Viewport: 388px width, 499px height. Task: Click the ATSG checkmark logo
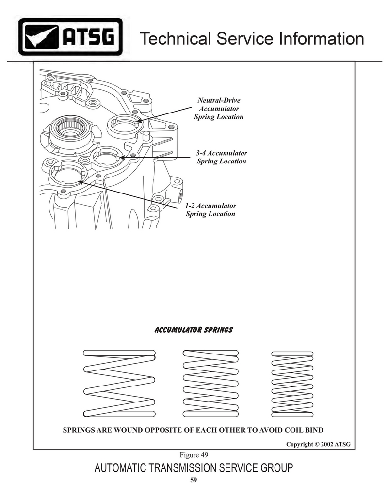(x=70, y=37)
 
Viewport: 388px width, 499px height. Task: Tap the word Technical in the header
(x=176, y=38)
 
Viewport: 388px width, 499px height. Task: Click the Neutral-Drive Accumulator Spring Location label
(x=219, y=109)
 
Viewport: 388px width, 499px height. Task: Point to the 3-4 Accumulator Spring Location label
(x=222, y=157)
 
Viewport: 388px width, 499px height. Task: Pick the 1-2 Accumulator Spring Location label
(x=210, y=209)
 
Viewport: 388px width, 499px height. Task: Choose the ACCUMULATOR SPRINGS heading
(x=194, y=330)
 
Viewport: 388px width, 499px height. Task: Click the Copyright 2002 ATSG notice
(x=318, y=444)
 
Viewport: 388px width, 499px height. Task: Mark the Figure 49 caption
(x=194, y=455)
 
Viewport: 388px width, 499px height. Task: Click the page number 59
(x=194, y=480)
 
